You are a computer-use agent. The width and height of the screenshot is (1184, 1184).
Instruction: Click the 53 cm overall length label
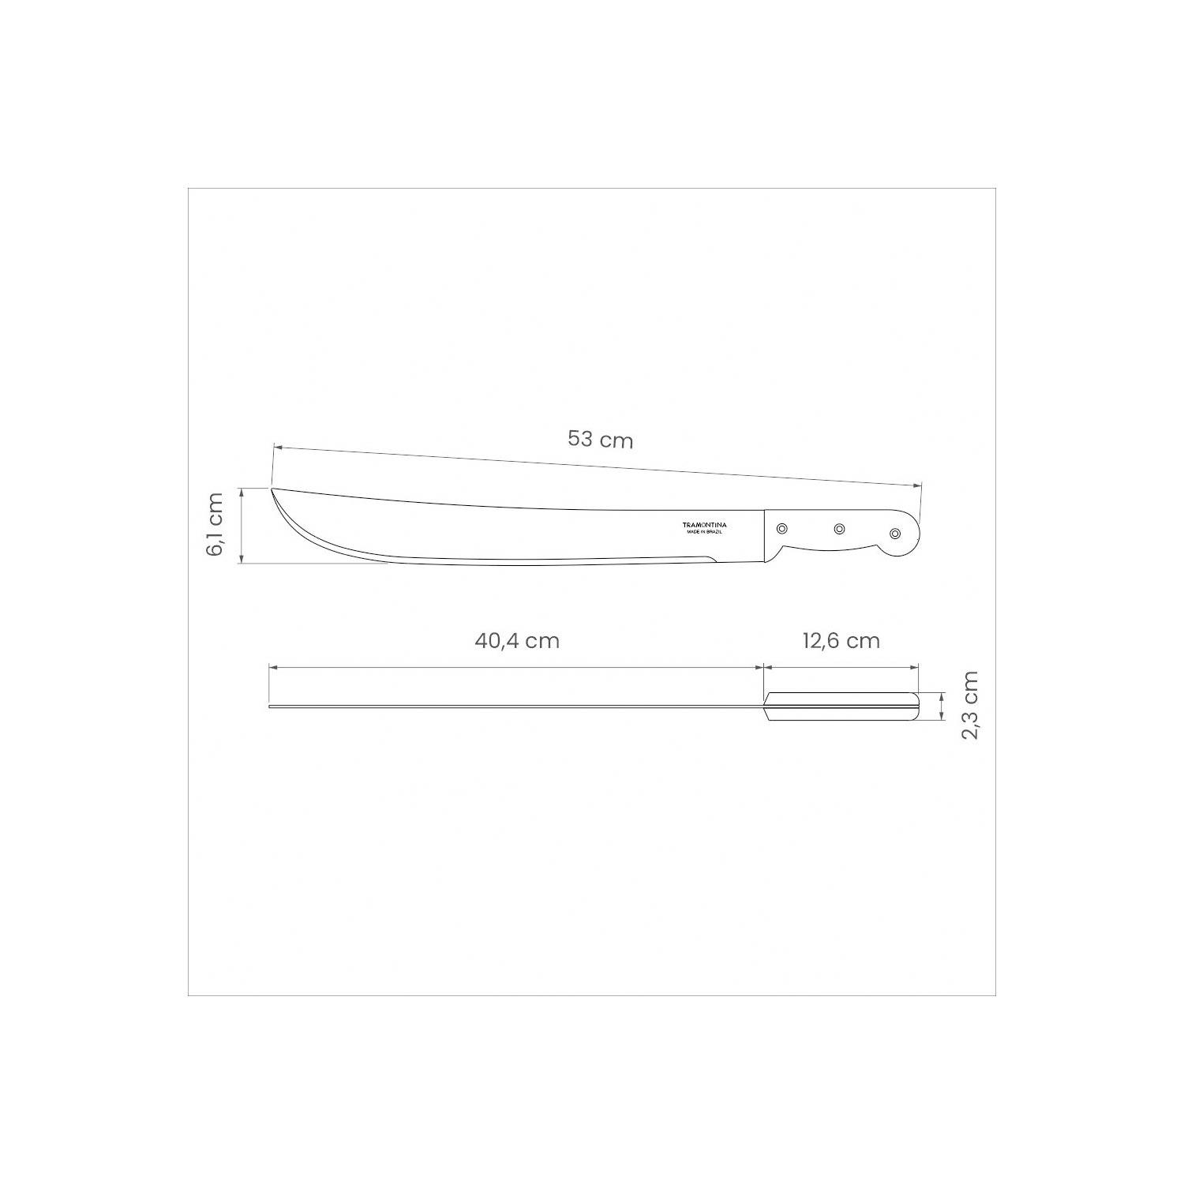tap(601, 439)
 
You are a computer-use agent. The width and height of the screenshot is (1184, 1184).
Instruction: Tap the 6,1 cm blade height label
tap(215, 524)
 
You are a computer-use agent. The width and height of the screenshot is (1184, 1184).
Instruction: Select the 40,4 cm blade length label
tap(517, 640)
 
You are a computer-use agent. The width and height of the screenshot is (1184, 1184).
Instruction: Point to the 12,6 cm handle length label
tap(841, 640)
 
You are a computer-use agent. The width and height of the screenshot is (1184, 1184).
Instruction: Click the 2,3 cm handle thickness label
tap(969, 705)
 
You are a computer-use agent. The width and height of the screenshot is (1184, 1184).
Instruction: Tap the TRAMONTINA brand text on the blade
tap(705, 525)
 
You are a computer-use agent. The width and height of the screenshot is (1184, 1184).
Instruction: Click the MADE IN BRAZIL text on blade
tap(705, 534)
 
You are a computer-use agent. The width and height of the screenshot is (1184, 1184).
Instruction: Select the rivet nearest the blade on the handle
tap(782, 528)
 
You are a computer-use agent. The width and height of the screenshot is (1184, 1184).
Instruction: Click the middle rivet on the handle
tap(840, 530)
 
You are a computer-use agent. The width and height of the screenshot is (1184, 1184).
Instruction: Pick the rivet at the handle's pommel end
tap(895, 534)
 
